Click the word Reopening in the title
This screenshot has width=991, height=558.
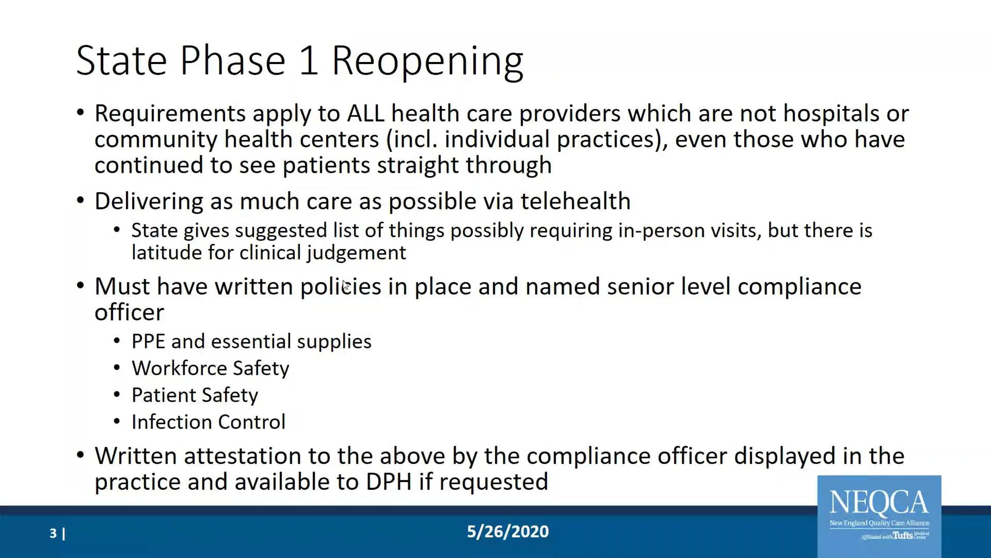tap(428, 62)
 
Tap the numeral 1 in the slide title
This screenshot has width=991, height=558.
tap(309, 60)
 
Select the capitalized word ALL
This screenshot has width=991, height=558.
tap(366, 113)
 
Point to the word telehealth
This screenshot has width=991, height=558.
tap(575, 201)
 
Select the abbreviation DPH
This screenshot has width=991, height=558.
tap(389, 482)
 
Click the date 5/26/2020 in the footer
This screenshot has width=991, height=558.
tap(508, 532)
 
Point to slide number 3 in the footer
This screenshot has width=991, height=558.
tap(53, 533)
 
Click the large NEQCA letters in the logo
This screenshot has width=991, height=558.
tap(879, 503)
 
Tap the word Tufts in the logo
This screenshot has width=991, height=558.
tap(903, 536)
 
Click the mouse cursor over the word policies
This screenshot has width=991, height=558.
tap(346, 285)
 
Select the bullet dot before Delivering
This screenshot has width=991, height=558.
tap(81, 201)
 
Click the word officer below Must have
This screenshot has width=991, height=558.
tap(129, 312)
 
